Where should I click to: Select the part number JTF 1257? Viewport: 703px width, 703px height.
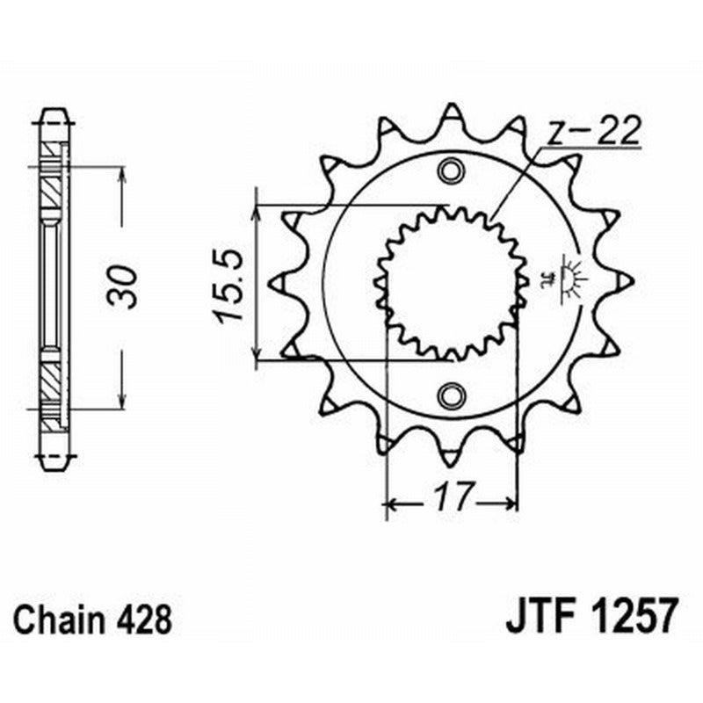click(591, 619)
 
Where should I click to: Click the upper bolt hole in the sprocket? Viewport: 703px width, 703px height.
click(452, 170)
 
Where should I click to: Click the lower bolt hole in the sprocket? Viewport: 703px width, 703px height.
click(452, 395)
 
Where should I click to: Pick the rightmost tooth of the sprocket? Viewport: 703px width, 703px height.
click(624, 280)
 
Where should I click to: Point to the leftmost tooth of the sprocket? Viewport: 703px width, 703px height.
click(275, 283)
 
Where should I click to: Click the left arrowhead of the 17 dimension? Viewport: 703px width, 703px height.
click(392, 504)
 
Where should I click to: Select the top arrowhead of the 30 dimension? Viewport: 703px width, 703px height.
click(122, 172)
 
